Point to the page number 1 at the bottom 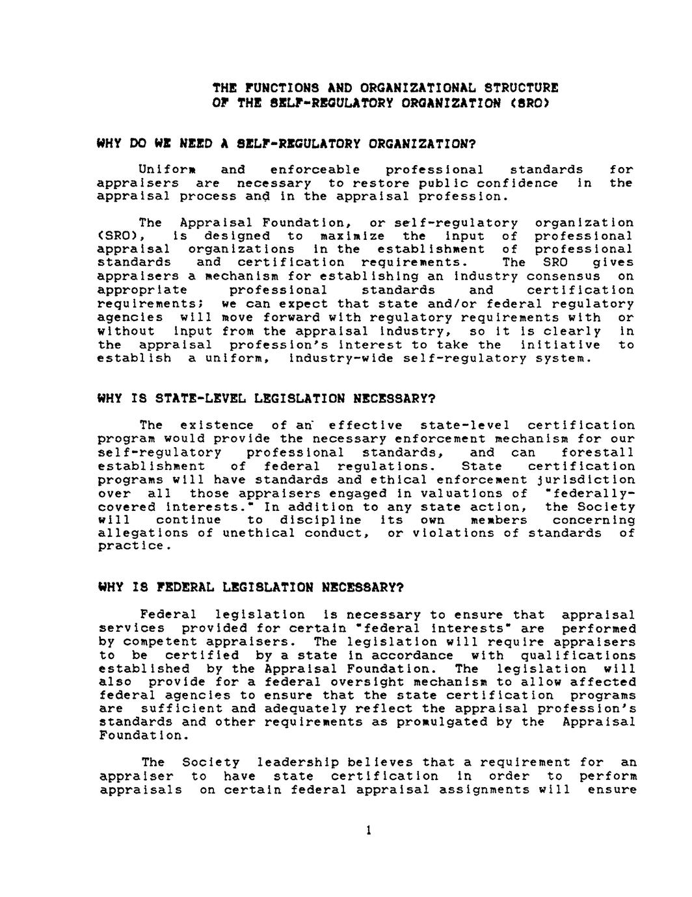[x=368, y=830]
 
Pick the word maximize [x=353, y=236]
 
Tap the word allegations [x=137, y=533]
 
